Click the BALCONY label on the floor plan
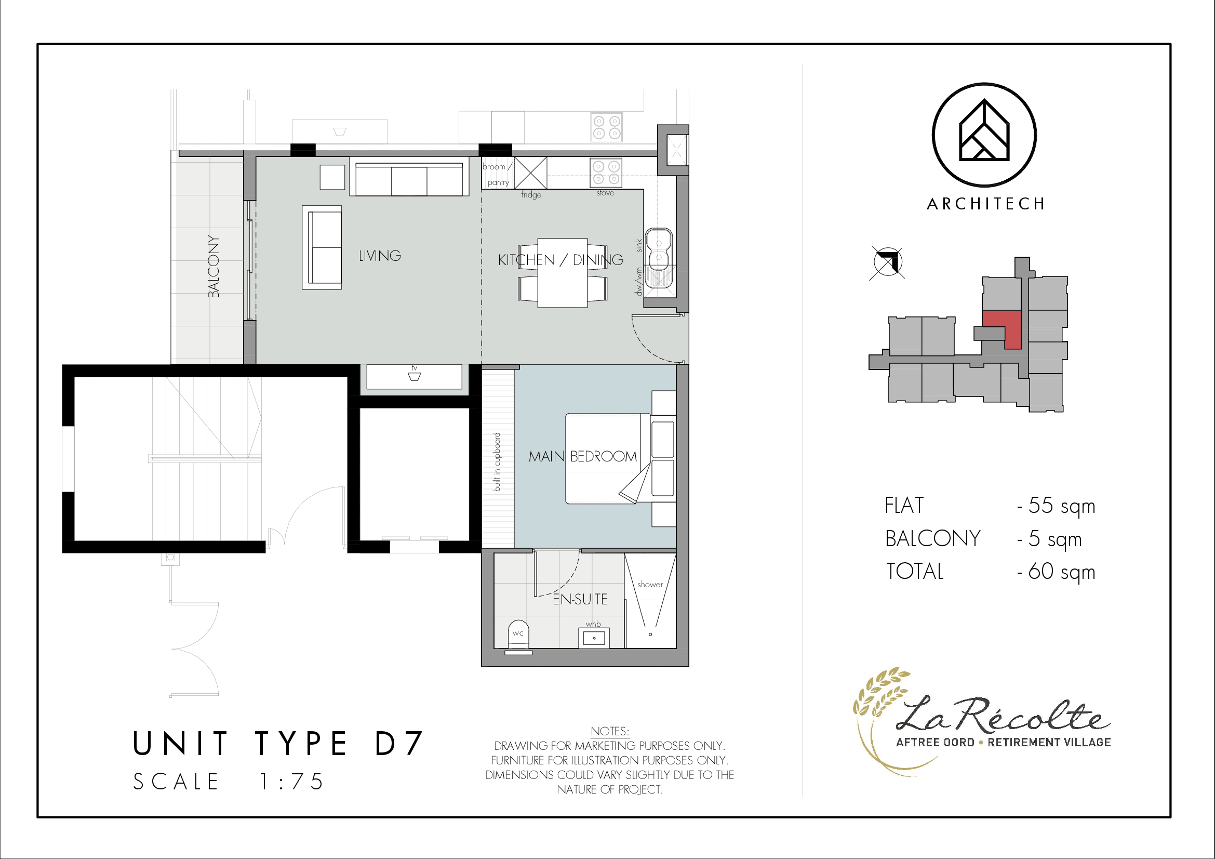click(213, 266)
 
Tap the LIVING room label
click(380, 256)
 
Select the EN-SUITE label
click(580, 599)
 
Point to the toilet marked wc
click(518, 637)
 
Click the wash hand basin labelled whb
click(594, 638)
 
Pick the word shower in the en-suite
click(650, 584)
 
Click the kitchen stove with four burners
click(606, 173)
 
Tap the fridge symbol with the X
click(531, 173)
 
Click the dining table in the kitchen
click(563, 273)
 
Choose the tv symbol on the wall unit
click(415, 376)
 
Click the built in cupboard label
click(497, 462)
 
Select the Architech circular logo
click(984, 135)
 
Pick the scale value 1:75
click(291, 782)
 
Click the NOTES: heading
click(610, 732)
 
